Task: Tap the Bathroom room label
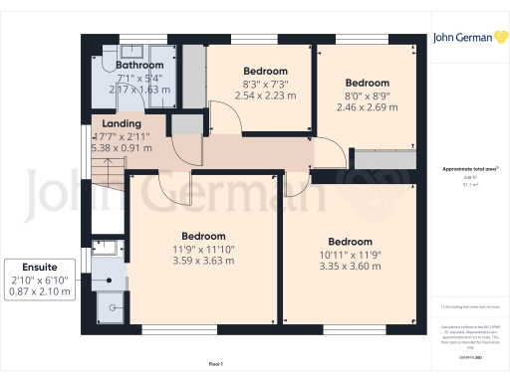click(x=139, y=66)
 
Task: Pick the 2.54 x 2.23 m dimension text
click(x=265, y=95)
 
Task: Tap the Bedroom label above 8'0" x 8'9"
click(x=366, y=83)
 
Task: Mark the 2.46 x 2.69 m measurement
click(x=366, y=106)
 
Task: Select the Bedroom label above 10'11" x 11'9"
click(x=351, y=242)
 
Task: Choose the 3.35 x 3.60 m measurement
click(x=351, y=266)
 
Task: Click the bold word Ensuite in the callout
click(x=39, y=268)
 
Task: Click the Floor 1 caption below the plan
click(x=216, y=365)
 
